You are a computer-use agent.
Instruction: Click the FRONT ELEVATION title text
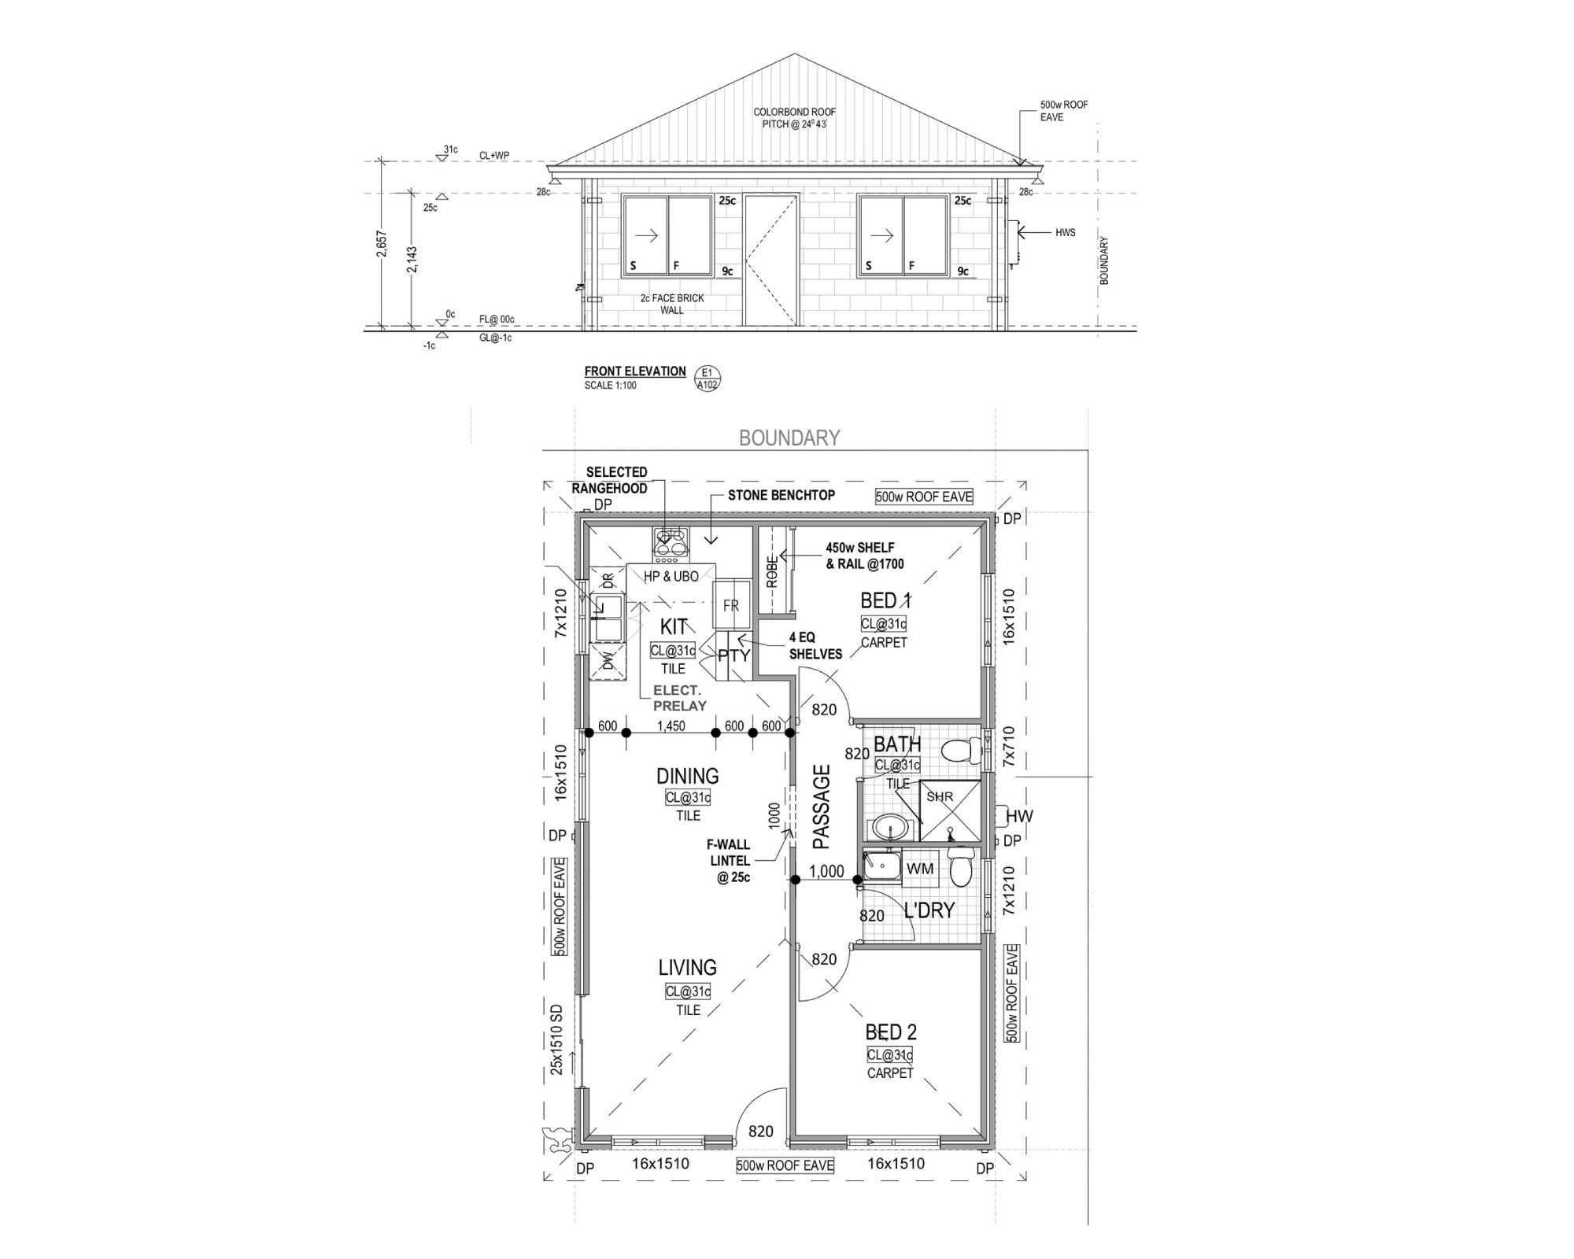click(635, 371)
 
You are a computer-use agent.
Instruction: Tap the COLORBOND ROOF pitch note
click(795, 118)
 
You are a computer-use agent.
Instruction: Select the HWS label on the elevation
click(1066, 232)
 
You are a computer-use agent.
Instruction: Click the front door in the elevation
click(771, 260)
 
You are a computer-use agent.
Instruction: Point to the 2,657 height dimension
click(381, 244)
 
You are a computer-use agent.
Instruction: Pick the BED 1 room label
click(886, 601)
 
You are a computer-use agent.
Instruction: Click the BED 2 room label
click(891, 1032)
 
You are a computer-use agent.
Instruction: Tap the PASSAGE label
click(822, 807)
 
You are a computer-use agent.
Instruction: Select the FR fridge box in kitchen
click(731, 605)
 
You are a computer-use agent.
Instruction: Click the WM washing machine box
click(921, 869)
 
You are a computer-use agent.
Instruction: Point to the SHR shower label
click(940, 796)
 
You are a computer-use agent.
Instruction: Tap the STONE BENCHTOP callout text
click(781, 495)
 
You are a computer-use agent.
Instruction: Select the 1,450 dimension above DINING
click(671, 726)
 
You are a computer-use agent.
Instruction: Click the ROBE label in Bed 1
click(772, 570)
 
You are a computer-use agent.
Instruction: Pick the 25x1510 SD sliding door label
click(558, 1039)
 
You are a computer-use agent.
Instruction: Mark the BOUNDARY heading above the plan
click(789, 438)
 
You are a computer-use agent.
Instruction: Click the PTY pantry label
click(733, 655)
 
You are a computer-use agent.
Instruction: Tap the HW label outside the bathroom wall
click(1019, 817)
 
